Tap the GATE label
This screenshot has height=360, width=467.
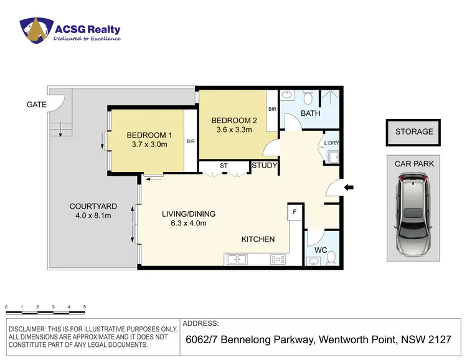coord(36,105)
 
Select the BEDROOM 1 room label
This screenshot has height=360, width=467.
coord(149,135)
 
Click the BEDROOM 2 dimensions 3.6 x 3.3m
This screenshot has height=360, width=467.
coord(233,130)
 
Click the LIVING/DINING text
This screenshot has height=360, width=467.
coord(184,214)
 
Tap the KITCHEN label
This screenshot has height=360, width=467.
coord(258,239)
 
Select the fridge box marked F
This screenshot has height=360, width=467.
coord(294,212)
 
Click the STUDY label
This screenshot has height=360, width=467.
coord(264,166)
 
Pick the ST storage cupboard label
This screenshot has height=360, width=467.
coord(223,166)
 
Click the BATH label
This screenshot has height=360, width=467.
coord(310,113)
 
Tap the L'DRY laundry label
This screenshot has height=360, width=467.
coord(331,143)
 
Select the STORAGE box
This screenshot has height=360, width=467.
coord(414,131)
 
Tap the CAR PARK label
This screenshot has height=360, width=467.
coord(414,164)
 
